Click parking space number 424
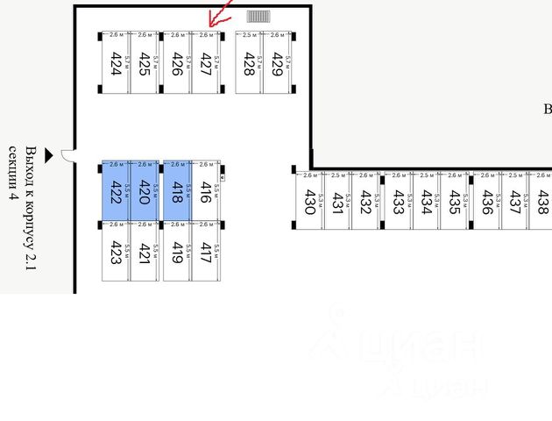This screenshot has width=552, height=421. (116, 62)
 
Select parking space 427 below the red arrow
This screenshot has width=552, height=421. (205, 62)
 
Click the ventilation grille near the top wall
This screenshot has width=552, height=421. (259, 17)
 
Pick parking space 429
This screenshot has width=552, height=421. (277, 62)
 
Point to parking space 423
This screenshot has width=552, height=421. (116, 252)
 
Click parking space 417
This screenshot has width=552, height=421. (205, 252)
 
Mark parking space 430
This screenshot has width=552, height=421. (308, 201)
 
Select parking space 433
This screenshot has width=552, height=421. (398, 201)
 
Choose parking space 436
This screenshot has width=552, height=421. (486, 201)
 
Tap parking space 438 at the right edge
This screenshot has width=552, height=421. (542, 201)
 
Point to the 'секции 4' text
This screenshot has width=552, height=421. (13, 175)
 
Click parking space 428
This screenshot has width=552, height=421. (249, 62)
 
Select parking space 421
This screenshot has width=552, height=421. (145, 252)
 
